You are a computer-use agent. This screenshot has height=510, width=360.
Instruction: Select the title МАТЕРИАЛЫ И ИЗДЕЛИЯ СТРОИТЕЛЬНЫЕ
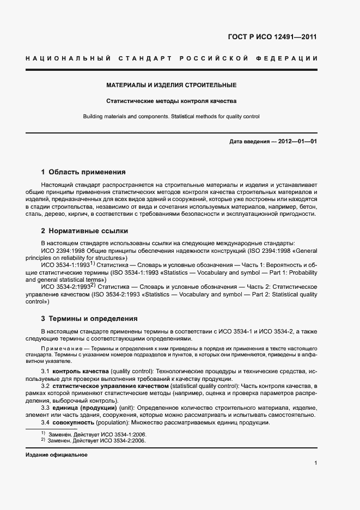tap(171, 86)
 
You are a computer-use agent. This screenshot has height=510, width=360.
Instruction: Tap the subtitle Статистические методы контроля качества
tap(171, 101)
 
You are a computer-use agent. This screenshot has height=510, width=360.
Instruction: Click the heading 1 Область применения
tap(83, 172)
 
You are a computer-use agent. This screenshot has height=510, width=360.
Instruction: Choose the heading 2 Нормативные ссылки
tap(84, 230)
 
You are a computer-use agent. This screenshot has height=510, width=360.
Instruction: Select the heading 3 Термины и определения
tap(89, 318)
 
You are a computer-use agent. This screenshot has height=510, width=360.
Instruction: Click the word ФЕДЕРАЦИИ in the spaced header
tap(292, 58)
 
